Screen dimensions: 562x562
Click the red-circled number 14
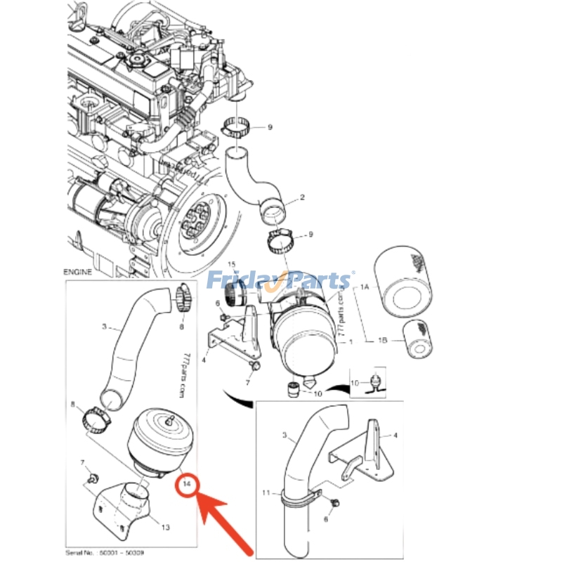(x=188, y=484)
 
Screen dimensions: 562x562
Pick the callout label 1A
(x=365, y=287)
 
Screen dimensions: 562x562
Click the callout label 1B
(x=382, y=341)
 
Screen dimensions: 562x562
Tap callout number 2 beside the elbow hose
(x=302, y=198)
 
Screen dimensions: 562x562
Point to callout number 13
(x=166, y=527)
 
